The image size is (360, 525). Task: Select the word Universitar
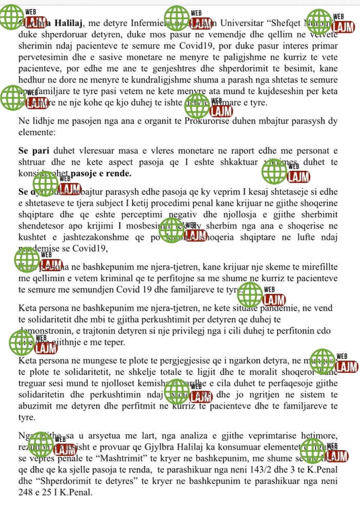coord(239,23)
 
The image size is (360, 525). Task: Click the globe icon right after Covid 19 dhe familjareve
coord(251,294)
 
